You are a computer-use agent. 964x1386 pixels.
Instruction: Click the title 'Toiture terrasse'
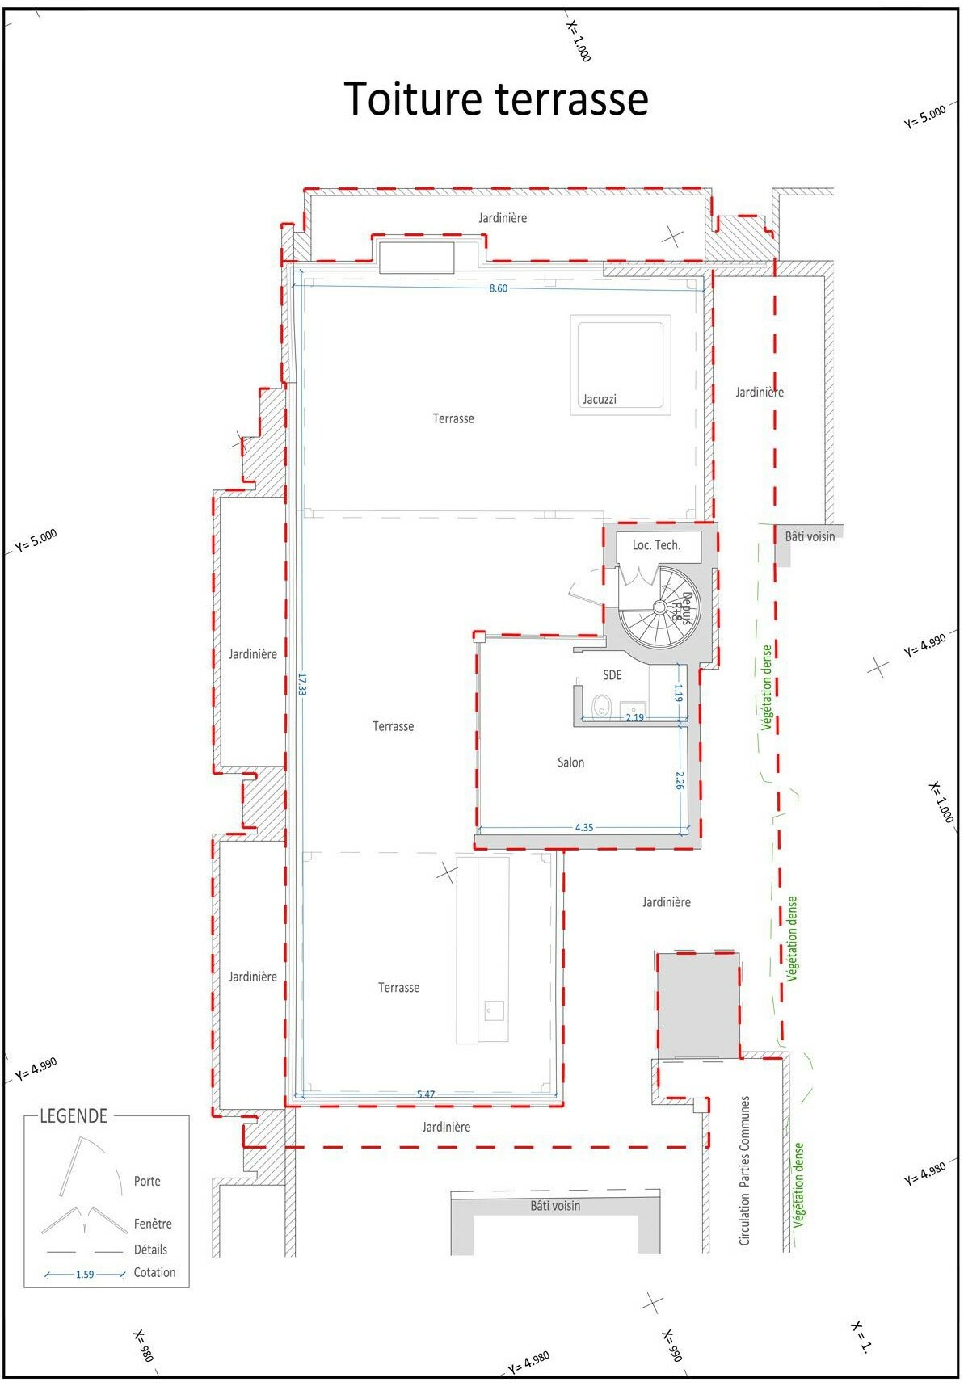point(496,99)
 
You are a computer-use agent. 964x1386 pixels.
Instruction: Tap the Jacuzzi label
point(600,399)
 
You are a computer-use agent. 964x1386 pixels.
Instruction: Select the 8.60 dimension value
point(499,288)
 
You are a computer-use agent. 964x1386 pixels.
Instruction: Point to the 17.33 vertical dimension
point(301,685)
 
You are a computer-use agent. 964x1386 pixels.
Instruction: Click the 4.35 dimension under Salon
point(584,827)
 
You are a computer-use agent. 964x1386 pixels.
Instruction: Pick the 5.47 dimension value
point(426,1094)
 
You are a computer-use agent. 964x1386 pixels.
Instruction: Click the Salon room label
point(570,762)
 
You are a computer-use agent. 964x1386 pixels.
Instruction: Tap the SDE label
point(612,674)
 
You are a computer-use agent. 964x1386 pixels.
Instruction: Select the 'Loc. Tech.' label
point(656,545)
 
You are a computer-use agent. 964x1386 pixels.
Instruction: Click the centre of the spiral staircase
point(659,606)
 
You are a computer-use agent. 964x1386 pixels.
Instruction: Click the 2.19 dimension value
point(635,717)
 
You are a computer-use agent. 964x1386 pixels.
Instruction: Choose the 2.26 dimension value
point(680,781)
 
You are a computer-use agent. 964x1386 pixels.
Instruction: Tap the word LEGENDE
point(74,1116)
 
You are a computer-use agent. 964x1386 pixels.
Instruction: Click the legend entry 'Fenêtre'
point(153,1224)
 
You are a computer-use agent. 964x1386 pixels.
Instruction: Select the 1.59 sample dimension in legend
point(85,1275)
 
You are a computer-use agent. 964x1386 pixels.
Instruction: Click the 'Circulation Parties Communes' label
point(745,1170)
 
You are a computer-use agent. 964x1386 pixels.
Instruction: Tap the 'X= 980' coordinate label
point(144,1346)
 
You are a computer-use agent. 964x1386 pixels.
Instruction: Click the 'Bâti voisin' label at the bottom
point(555,1206)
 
